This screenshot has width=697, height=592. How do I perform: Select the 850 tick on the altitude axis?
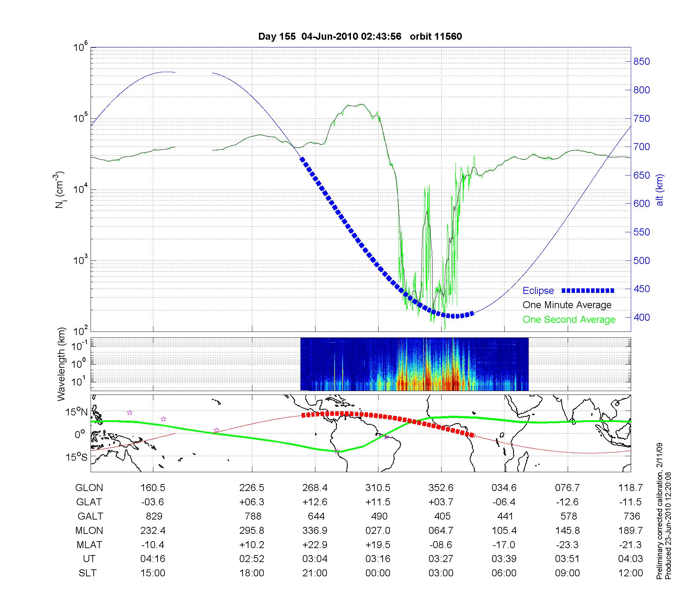tap(642, 62)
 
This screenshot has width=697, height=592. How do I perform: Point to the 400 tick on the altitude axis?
tap(642, 317)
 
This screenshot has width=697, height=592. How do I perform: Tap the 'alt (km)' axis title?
tap(660, 190)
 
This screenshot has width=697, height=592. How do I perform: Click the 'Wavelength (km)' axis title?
tap(61, 364)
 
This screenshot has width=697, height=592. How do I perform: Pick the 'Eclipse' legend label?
tap(538, 291)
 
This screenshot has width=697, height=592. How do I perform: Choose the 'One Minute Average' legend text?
tap(567, 305)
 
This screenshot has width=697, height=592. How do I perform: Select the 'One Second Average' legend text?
tap(569, 320)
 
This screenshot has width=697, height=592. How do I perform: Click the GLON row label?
tap(89, 488)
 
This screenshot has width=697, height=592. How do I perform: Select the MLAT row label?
tap(89, 545)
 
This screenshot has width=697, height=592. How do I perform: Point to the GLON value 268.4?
tap(315, 488)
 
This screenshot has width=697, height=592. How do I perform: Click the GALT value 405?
tap(443, 516)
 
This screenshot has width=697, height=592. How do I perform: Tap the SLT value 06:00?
tap(504, 573)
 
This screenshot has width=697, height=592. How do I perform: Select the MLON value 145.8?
tap(567, 530)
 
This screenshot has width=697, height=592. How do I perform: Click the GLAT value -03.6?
tap(153, 502)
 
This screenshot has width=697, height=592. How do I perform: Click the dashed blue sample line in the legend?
tap(588, 290)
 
